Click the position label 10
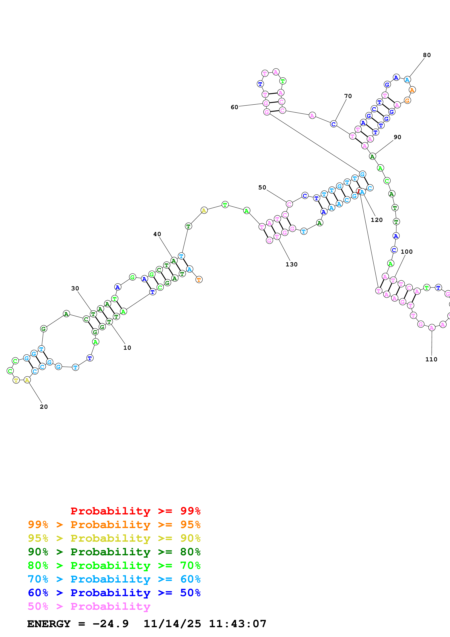[127, 348]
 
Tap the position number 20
[44, 407]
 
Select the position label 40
[157, 234]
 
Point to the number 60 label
[235, 107]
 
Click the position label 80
[427, 55]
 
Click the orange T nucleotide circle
[199, 280]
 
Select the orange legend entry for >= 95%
[114, 525]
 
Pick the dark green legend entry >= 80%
[114, 552]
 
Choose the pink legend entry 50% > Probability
[89, 606]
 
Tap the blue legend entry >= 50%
[114, 593]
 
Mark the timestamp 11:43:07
[238, 624]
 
